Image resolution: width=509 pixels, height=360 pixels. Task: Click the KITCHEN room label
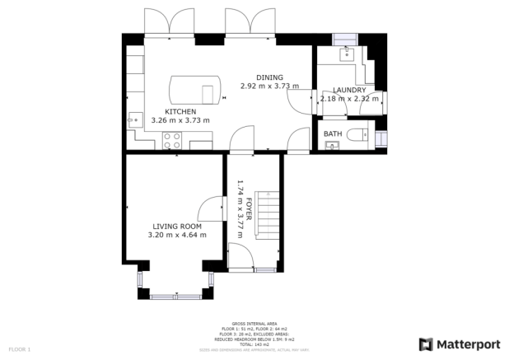click(x=180, y=111)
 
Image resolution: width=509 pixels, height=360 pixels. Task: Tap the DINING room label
click(x=269, y=77)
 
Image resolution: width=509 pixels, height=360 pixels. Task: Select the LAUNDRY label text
click(x=350, y=91)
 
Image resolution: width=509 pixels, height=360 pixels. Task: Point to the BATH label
click(x=333, y=133)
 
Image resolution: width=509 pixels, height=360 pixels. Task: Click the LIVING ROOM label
click(x=176, y=226)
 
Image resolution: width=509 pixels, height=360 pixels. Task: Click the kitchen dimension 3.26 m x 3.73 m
click(x=180, y=120)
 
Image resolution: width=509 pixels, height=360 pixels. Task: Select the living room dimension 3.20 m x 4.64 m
click(x=176, y=235)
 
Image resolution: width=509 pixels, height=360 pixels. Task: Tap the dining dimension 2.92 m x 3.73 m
click(x=269, y=86)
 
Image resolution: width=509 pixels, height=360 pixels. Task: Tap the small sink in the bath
click(x=332, y=146)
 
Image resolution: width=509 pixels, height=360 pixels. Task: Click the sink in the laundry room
click(x=347, y=53)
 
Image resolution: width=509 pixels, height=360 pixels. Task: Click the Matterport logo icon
click(x=427, y=344)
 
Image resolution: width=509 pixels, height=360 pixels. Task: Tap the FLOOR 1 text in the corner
click(x=19, y=349)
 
